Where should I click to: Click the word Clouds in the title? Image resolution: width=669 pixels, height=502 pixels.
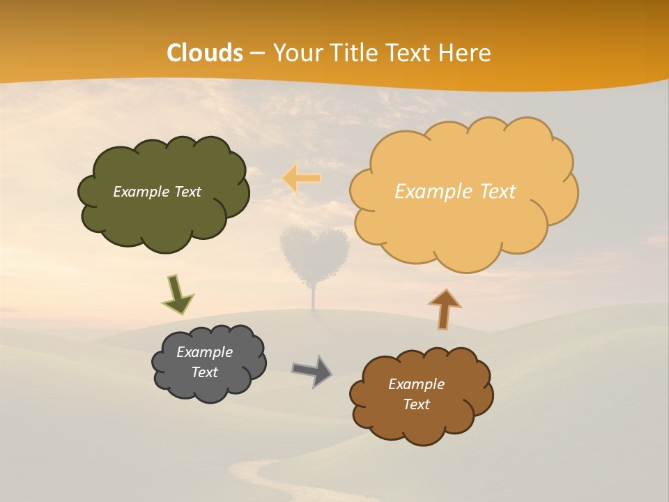[205, 53]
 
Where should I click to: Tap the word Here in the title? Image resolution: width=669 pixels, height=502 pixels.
[465, 53]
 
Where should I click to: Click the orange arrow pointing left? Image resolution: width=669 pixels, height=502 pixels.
[301, 178]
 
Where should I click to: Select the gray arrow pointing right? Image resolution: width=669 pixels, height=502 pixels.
[312, 371]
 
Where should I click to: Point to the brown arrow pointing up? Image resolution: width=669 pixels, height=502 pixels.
[444, 309]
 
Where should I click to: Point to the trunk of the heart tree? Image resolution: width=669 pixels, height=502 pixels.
[314, 298]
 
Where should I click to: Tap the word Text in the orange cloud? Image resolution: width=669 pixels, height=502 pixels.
[493, 192]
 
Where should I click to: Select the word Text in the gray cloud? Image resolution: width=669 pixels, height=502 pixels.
[204, 372]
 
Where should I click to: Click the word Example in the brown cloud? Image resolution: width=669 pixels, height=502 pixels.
[416, 384]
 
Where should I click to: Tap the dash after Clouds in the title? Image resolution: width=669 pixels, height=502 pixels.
[256, 53]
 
